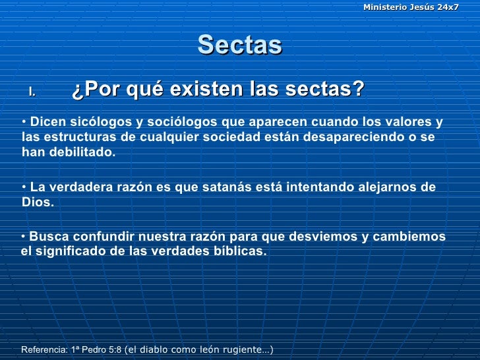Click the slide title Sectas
pos(239,45)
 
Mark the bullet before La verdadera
pos(24,186)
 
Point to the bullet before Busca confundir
pos(24,235)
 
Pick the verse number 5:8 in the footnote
pos(114,350)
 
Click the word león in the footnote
pos(206,350)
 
